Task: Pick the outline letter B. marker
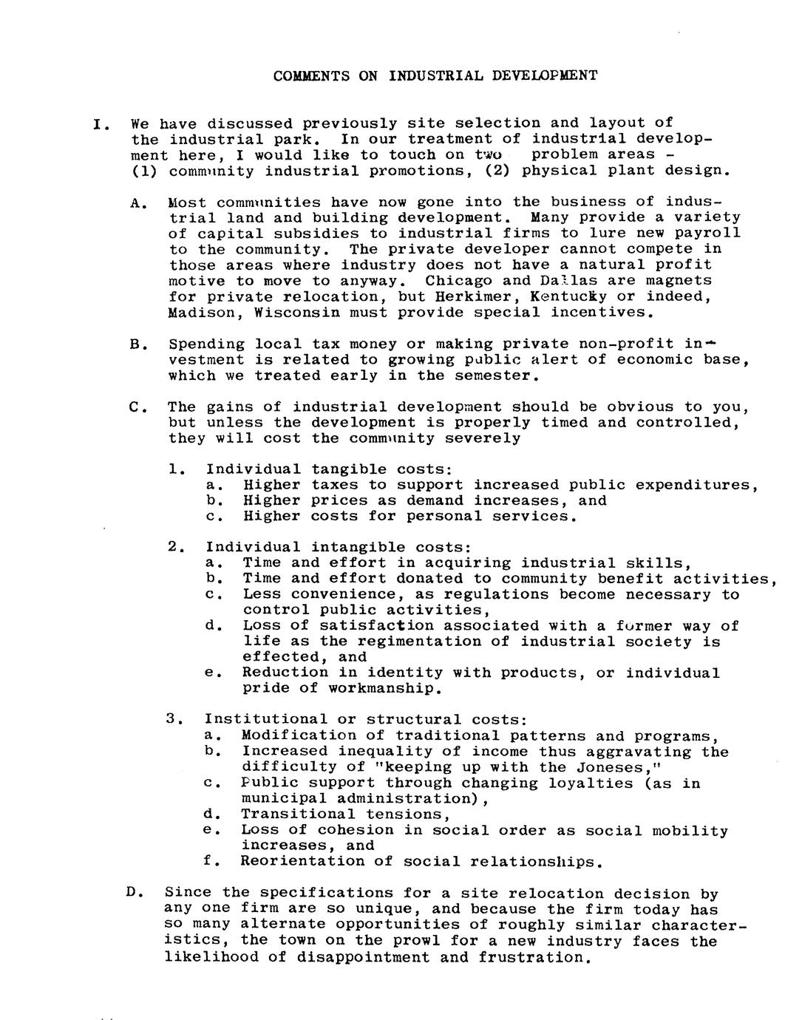[x=135, y=344]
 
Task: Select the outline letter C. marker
[x=135, y=407]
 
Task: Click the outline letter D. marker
[x=133, y=893]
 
